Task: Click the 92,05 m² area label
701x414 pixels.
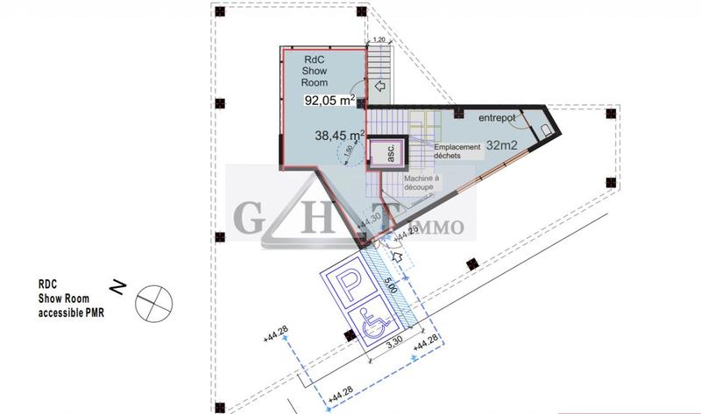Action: (x=329, y=100)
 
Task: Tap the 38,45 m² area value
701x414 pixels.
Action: (x=339, y=136)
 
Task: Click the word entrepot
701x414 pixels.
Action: (x=497, y=118)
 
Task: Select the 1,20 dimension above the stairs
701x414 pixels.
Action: (x=379, y=40)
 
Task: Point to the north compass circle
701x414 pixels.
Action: (x=153, y=301)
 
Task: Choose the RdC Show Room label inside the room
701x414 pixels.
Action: (x=314, y=69)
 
